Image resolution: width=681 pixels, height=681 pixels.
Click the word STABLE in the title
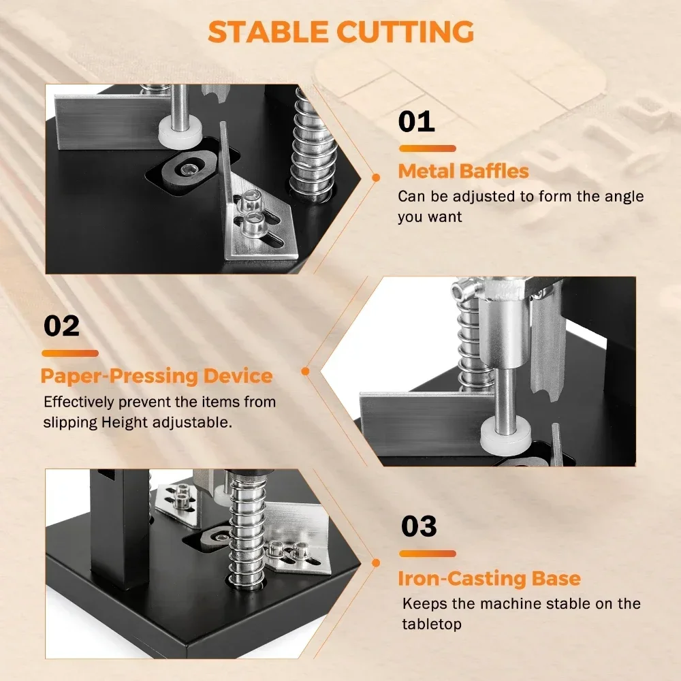click(268, 32)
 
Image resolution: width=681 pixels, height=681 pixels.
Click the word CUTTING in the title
click(405, 32)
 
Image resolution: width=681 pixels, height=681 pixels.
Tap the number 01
click(417, 122)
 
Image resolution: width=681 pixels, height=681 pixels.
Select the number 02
click(62, 326)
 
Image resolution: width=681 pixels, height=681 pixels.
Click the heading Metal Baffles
click(463, 171)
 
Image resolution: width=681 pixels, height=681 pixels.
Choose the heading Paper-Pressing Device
click(157, 376)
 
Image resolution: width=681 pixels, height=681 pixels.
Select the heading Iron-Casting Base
click(490, 578)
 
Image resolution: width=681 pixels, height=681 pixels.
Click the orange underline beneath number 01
click(428, 148)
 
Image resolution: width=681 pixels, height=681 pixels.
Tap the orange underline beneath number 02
click(70, 353)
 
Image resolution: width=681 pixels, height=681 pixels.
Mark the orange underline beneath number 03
click(428, 553)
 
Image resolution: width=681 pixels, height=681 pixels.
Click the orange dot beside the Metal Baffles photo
click(376, 178)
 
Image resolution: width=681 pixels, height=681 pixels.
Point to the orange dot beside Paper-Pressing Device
click(305, 371)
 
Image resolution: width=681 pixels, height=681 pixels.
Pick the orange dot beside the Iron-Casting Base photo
click(376, 563)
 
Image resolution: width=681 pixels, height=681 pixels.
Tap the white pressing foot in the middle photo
click(505, 434)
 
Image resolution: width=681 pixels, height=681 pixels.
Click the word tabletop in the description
click(432, 624)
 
